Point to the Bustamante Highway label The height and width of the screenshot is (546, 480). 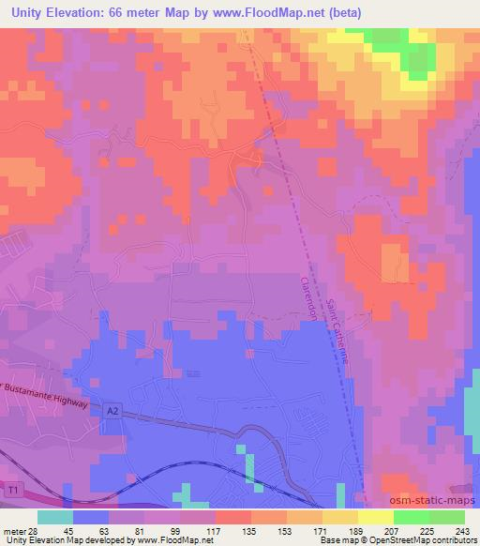click(45, 394)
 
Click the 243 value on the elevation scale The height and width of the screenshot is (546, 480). click(464, 530)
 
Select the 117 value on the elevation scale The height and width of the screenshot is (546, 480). click(214, 530)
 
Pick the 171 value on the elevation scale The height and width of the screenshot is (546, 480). click(321, 530)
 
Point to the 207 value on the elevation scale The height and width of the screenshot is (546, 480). click(392, 530)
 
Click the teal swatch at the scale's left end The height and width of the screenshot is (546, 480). click(55, 517)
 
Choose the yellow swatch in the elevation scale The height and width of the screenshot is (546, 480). click(376, 517)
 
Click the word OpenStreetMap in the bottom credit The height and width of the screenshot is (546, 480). click(384, 540)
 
